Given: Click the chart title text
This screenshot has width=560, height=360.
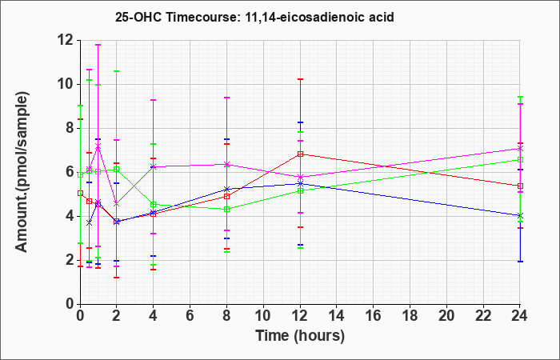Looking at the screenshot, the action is click(x=254, y=17).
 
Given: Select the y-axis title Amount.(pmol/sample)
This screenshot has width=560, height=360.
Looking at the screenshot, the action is click(x=22, y=172).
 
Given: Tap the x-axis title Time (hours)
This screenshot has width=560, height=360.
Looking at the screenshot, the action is click(x=300, y=336).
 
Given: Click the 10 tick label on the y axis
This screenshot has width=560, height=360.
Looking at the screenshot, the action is click(x=67, y=85).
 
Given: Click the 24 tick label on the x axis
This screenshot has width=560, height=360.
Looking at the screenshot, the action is click(x=520, y=316).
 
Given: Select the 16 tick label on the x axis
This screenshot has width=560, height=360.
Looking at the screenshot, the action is click(x=374, y=316).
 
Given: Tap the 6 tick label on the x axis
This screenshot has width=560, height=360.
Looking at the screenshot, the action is click(x=190, y=316).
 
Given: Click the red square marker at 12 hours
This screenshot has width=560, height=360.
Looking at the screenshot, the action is click(x=300, y=154).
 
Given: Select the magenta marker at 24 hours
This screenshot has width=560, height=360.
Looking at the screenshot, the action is click(x=520, y=148).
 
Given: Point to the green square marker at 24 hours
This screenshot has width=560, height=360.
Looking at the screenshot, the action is click(x=520, y=160).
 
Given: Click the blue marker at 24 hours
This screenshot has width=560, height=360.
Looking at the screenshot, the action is click(x=520, y=216).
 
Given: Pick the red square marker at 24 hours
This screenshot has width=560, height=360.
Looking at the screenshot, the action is click(x=520, y=186).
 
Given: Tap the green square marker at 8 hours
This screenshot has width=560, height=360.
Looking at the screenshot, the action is click(x=226, y=210).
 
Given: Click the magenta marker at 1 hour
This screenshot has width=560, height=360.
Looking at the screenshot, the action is click(x=98, y=146).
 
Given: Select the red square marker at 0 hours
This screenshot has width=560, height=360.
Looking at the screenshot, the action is click(x=81, y=194).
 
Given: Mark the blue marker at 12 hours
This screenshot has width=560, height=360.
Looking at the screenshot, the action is click(x=300, y=183).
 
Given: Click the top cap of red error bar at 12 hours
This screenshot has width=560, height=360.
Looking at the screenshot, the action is click(x=300, y=79).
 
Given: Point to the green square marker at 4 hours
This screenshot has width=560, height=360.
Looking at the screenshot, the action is click(x=154, y=205).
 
